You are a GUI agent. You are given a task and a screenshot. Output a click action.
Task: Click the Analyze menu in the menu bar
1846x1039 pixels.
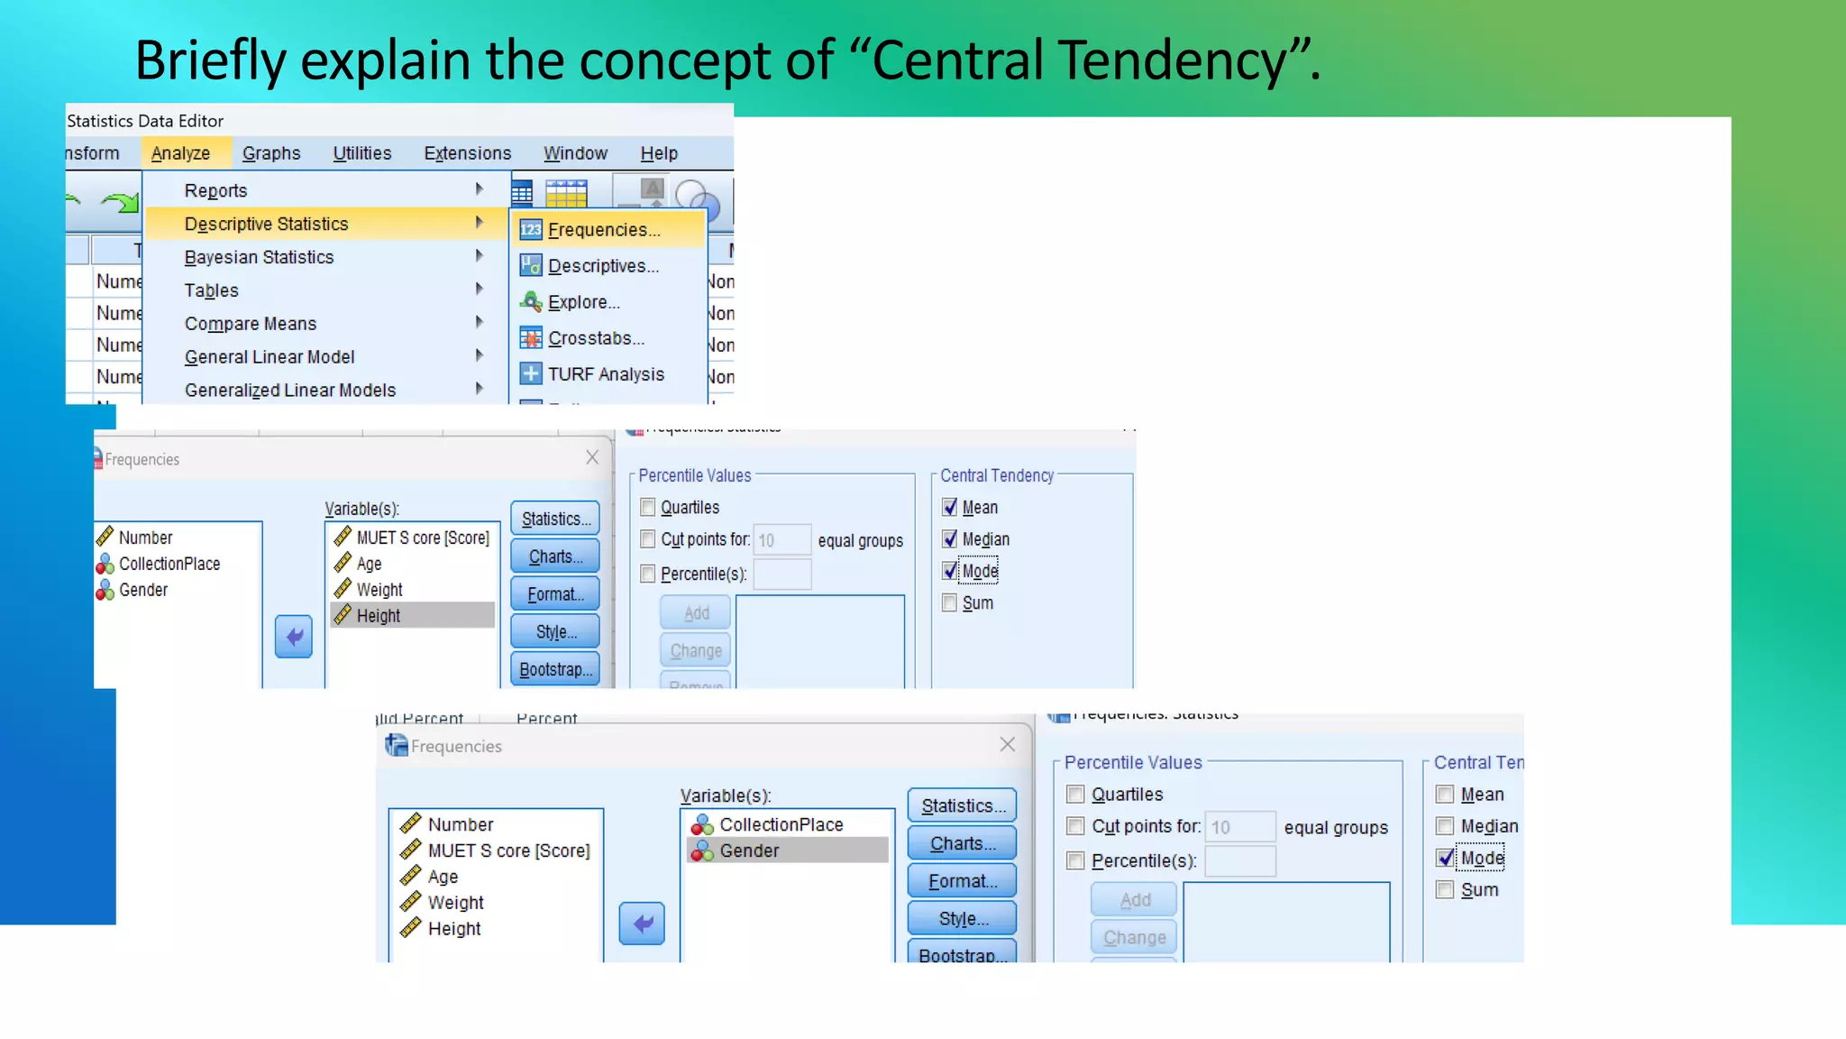pyautogui.click(x=180, y=153)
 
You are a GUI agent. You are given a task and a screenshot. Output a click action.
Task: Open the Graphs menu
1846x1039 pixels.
pyautogui.click(x=271, y=153)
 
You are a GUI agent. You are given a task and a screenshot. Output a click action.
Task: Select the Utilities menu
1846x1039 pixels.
pyautogui.click(x=362, y=153)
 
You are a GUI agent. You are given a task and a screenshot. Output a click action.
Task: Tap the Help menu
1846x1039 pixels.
pyautogui.click(x=659, y=153)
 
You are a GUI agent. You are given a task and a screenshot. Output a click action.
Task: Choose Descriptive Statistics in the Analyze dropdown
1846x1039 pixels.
pyautogui.click(x=266, y=224)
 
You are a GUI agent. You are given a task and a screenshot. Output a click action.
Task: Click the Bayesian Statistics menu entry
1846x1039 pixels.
pyautogui.click(x=259, y=257)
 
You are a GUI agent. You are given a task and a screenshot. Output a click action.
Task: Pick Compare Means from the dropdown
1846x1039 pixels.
pyautogui.click(x=251, y=324)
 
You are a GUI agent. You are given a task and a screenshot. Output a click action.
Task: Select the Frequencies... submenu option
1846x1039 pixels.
pyautogui.click(x=604, y=230)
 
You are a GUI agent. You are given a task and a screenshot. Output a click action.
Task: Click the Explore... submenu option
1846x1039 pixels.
pyautogui.click(x=583, y=302)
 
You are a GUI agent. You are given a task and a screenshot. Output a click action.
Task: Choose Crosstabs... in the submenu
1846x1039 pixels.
pyautogui.click(x=596, y=338)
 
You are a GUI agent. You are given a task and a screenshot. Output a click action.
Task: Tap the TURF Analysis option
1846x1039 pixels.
pyautogui.click(x=606, y=374)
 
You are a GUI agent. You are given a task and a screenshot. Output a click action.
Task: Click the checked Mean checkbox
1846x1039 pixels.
pyautogui.click(x=950, y=507)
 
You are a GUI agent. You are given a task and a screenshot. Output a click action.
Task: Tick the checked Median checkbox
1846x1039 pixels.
pyautogui.click(x=950, y=539)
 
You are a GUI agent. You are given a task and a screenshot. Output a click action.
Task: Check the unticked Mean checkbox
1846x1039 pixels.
pyautogui.click(x=1445, y=795)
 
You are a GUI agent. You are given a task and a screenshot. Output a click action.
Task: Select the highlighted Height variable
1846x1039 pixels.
pyautogui.click(x=379, y=616)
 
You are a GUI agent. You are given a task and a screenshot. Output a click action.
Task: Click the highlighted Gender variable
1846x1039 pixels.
pyautogui.click(x=749, y=851)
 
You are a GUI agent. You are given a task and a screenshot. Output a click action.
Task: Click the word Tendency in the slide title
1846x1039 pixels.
pyautogui.click(x=1186, y=60)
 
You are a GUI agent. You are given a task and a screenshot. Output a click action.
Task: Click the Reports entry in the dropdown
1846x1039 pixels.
pyautogui.click(x=215, y=190)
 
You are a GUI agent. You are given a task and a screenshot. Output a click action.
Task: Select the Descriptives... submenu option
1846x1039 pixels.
pyautogui.click(x=603, y=266)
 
